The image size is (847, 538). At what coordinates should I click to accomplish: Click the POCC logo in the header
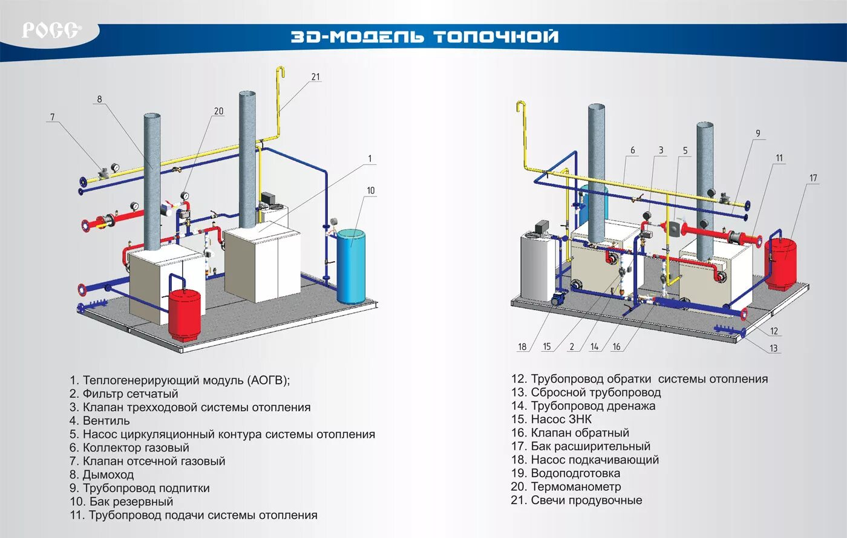pos(51,30)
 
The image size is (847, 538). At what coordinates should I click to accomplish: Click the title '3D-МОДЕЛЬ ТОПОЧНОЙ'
pos(424,36)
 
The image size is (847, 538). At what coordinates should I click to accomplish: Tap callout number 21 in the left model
pos(315,77)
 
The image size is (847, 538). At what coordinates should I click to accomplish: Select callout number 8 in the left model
pos(99,99)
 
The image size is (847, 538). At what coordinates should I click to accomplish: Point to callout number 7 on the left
pos(53,117)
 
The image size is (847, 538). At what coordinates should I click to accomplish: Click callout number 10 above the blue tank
pos(370,190)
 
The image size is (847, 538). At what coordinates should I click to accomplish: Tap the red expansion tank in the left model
pos(184,313)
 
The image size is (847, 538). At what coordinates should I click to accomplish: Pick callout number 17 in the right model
pos(813,178)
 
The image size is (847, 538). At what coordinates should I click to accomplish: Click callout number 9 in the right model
pos(757,134)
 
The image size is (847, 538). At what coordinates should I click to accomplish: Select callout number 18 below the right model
pos(522,347)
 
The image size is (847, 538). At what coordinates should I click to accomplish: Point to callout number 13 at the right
pos(773,348)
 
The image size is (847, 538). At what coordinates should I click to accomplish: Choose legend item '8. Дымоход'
pos(101,475)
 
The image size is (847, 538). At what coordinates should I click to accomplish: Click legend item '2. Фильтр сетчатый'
pos(123,394)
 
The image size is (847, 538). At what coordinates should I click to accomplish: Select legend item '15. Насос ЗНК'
pos(551,419)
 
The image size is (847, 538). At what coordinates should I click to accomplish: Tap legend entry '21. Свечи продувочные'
pos(576,500)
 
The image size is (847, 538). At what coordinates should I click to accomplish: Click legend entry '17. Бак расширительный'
pos(580,446)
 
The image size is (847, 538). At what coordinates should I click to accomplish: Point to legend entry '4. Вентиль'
pos(99,421)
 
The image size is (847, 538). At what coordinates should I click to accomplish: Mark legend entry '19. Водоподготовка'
pos(565,473)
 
